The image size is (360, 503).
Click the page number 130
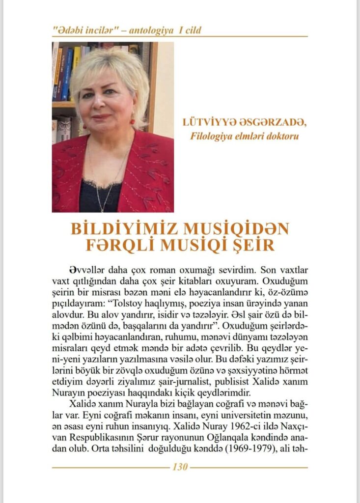(180, 467)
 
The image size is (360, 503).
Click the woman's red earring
(132, 121)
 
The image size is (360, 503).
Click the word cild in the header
(192, 30)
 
